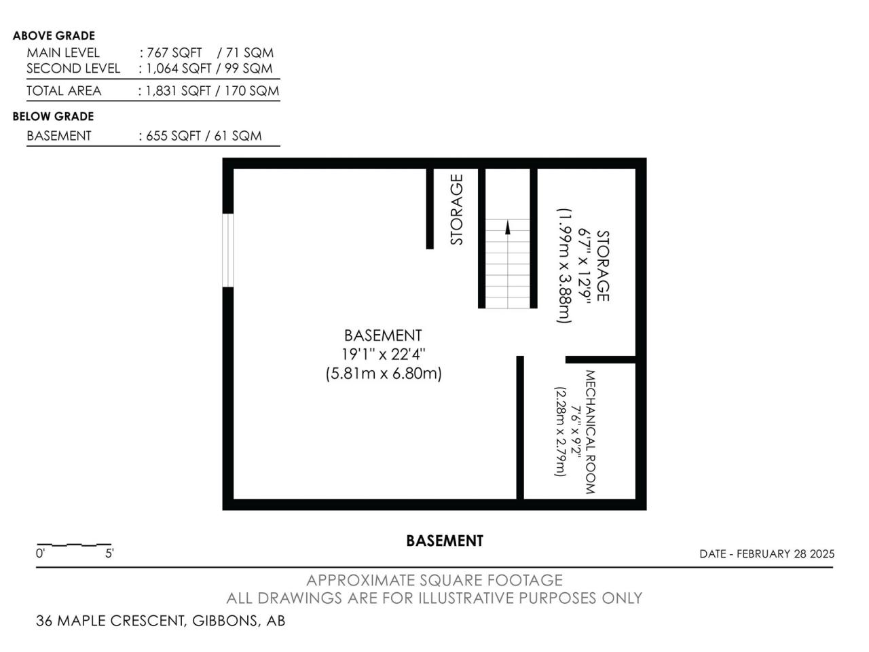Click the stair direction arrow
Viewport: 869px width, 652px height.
click(x=507, y=228)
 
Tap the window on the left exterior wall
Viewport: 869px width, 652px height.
click(x=227, y=250)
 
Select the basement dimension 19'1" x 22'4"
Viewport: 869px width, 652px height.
click(x=383, y=355)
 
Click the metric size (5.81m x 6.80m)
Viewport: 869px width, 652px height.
click(x=383, y=374)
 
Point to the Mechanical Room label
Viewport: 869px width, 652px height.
click(x=590, y=432)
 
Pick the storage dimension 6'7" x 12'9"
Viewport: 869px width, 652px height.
click(x=585, y=266)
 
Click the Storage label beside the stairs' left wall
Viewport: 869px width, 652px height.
click(x=456, y=210)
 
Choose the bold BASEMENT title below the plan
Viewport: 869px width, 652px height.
click(x=445, y=541)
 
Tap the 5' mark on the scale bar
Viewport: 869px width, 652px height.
click(x=110, y=554)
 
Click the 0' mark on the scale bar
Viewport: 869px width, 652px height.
click(x=40, y=554)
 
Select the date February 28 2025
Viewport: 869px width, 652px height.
click(x=785, y=554)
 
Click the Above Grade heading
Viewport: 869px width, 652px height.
click(x=54, y=35)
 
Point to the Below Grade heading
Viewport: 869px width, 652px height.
click(x=53, y=116)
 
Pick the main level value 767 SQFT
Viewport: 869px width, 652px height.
click(x=174, y=53)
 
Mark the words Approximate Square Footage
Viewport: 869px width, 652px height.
click(x=434, y=580)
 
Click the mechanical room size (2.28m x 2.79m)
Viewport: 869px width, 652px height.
click(x=560, y=431)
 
